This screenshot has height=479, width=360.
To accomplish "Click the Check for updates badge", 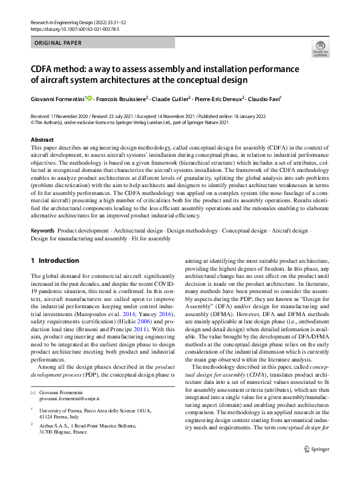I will pos(319,48).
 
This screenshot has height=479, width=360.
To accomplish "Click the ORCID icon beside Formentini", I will pos(90,97).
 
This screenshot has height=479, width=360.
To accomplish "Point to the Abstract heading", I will pos(42,140).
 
